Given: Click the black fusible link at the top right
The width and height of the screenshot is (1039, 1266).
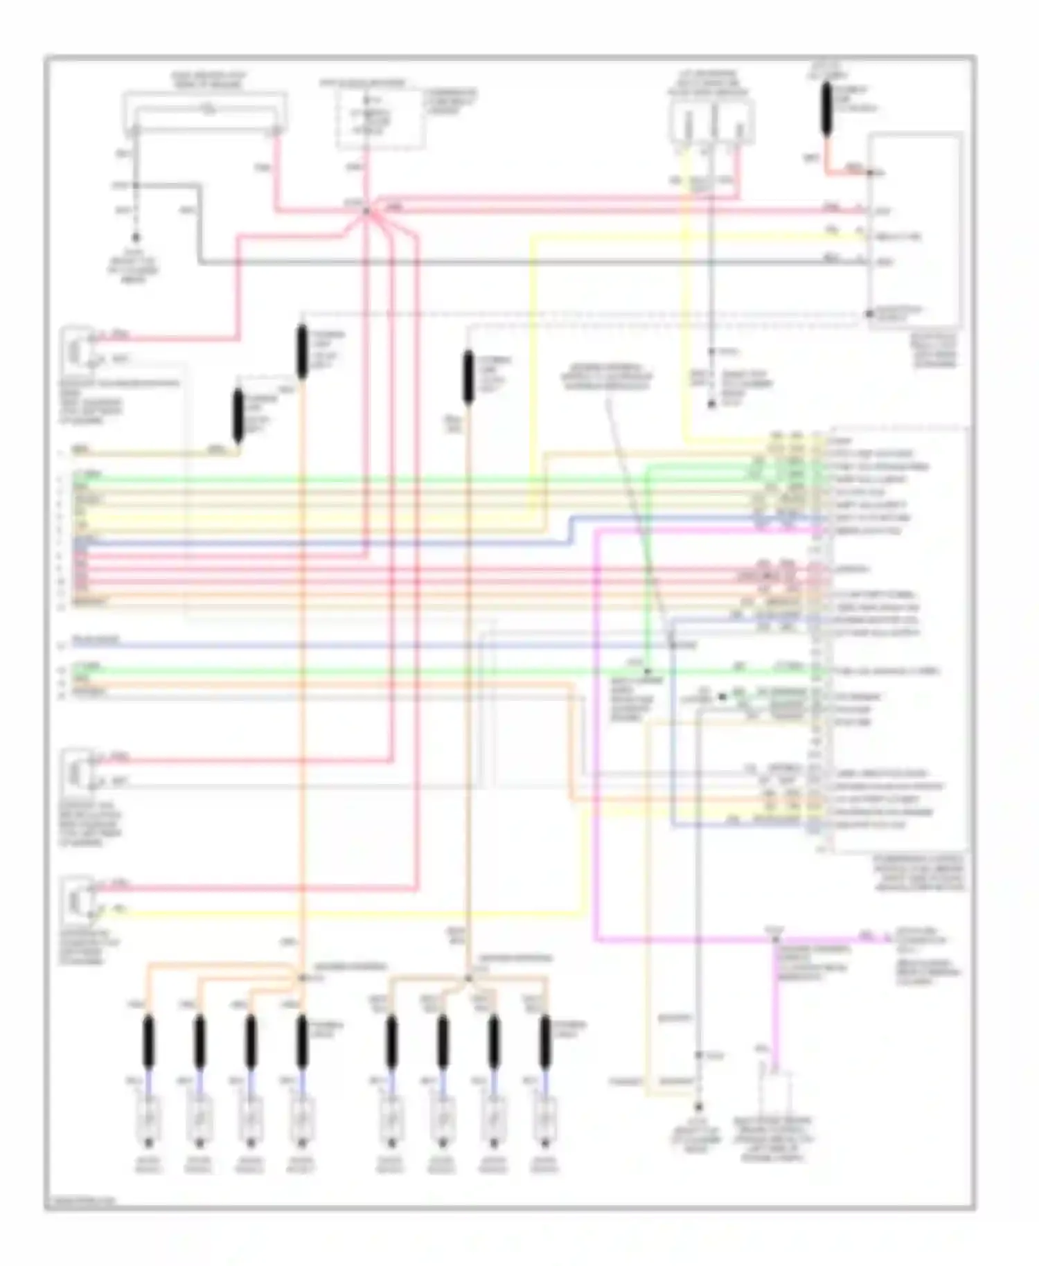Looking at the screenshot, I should pos(826,107).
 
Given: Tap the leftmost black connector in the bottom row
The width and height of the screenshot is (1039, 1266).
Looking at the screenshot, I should pos(148,1041).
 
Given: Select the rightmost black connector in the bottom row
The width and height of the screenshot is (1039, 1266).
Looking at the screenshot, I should pos(545,1041).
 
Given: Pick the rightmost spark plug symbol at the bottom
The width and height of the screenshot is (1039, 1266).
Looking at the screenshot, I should pos(545,1121).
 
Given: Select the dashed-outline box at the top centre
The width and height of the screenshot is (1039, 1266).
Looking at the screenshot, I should pos(380,118).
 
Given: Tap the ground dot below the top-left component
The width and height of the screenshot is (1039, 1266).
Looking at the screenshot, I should pos(136,238).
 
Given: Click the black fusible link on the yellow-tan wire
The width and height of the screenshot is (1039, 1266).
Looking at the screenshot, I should pos(238,416).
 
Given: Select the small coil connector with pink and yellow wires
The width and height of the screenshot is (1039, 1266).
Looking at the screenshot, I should pos(76,901).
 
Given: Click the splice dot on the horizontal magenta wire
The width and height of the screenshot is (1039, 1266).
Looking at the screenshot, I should pos(774,939).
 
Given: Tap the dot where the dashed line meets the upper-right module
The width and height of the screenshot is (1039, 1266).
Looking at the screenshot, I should pos(869,314).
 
